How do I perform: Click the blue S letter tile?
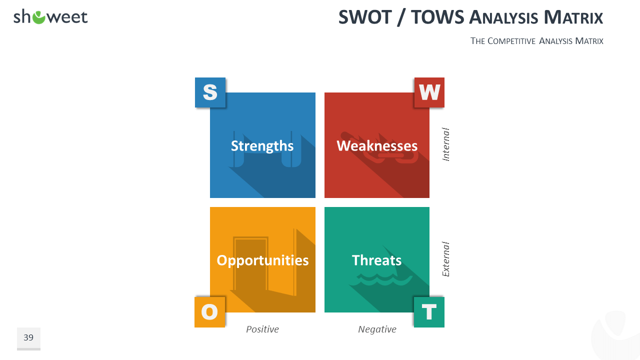click(210, 92)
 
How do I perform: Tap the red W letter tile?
click(429, 92)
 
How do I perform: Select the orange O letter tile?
click(209, 312)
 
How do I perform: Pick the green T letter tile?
click(429, 312)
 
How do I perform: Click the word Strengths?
click(262, 146)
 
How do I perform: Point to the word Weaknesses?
click(377, 145)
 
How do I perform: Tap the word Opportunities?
click(262, 260)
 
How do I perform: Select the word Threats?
click(376, 260)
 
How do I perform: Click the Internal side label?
click(445, 144)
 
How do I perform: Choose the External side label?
click(445, 259)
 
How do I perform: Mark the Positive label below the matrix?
click(262, 329)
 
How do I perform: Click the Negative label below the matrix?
click(377, 329)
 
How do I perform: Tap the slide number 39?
click(28, 337)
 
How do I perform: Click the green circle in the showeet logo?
click(39, 17)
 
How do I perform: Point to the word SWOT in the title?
click(365, 17)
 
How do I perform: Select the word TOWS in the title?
click(437, 17)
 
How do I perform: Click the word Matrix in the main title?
click(573, 17)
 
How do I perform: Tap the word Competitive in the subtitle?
click(511, 41)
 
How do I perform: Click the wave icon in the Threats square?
click(381, 279)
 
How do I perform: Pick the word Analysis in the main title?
click(503, 17)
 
